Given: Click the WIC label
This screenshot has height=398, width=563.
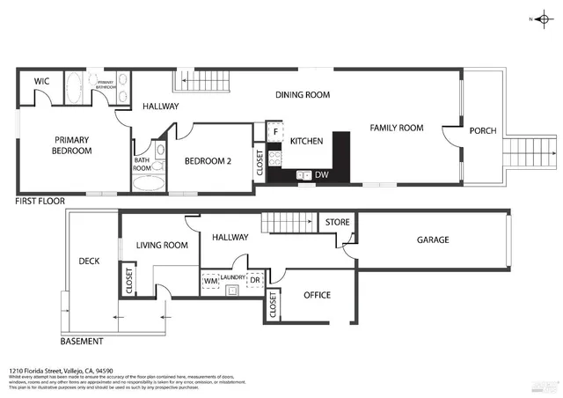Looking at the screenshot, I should [40, 81].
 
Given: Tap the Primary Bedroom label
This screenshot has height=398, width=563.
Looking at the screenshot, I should [73, 145].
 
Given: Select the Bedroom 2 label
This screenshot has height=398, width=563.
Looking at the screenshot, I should [207, 161].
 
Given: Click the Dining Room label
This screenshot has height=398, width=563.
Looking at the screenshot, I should [302, 94].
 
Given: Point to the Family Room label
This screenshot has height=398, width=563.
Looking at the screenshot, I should [396, 129].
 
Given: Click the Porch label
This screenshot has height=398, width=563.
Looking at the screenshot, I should [482, 131].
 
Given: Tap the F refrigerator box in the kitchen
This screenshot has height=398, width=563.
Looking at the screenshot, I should [275, 133].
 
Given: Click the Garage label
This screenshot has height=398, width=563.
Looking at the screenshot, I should [433, 240].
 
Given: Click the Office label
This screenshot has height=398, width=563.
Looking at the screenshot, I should [317, 295].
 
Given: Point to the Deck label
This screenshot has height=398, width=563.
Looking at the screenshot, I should [89, 261].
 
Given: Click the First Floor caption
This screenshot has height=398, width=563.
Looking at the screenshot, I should [40, 202].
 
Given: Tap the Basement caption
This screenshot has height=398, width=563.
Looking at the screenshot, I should [82, 342].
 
